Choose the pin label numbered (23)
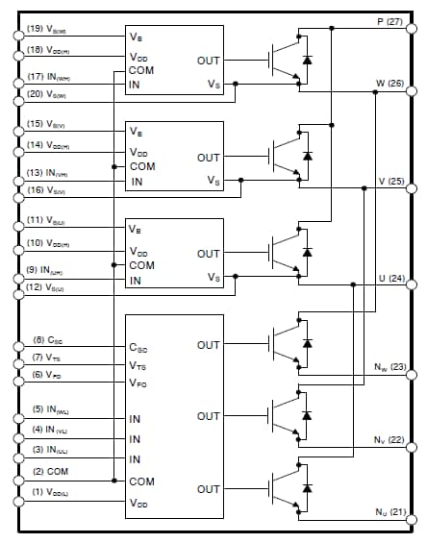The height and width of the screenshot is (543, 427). tap(389, 366)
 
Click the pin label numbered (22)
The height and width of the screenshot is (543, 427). tap(389, 439)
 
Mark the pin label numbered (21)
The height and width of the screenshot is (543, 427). tap(389, 511)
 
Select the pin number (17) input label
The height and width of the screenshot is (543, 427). tap(49, 77)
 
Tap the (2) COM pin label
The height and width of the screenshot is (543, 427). tap(50, 471)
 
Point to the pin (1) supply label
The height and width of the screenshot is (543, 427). tap(49, 492)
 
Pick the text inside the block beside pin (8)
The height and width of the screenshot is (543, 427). tap(139, 346)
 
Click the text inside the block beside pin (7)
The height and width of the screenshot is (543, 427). tap(139, 364)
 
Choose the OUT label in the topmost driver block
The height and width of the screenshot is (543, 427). tap(209, 62)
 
